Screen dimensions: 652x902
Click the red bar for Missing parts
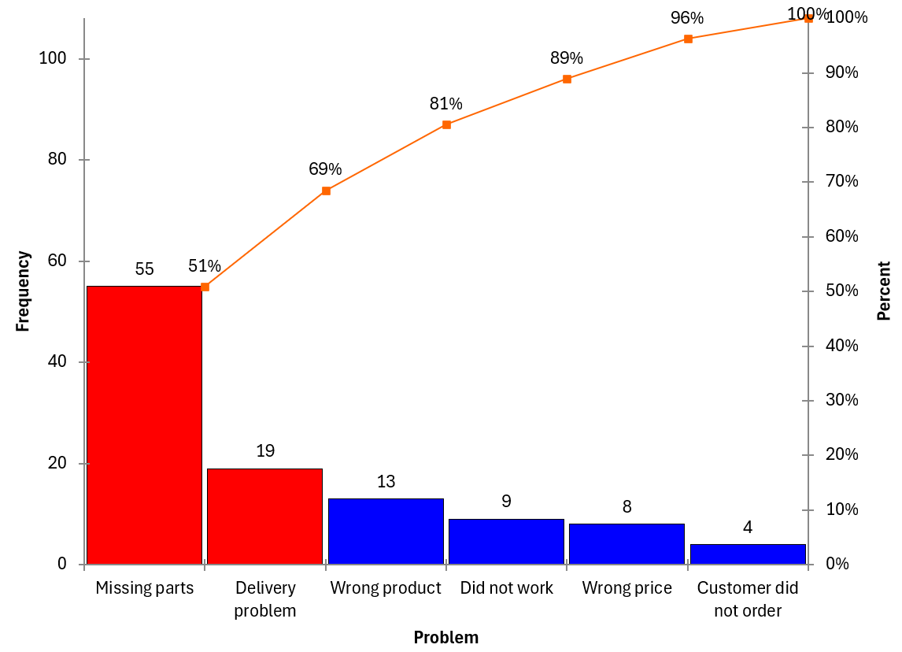pyautogui.click(x=144, y=425)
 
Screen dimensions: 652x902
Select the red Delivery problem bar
pyautogui.click(x=264, y=517)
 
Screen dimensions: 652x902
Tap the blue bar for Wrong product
pyautogui.click(x=386, y=532)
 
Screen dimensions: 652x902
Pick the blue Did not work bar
pyautogui.click(x=506, y=542)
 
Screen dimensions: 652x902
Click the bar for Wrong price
pyautogui.click(x=627, y=544)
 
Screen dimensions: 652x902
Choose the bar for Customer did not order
pyautogui.click(x=748, y=554)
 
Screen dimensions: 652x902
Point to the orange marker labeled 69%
pyautogui.click(x=326, y=191)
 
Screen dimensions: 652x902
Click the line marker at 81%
pyautogui.click(x=446, y=124)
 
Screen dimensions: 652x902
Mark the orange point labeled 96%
pyautogui.click(x=688, y=39)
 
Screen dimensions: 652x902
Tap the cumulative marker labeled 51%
pyautogui.click(x=205, y=287)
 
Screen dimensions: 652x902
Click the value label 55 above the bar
pyautogui.click(x=144, y=269)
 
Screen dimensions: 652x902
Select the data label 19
pyautogui.click(x=265, y=451)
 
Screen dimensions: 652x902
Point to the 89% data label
pyautogui.click(x=567, y=58)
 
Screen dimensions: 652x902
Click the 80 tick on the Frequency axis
pyautogui.click(x=57, y=160)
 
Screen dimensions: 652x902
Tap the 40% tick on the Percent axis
pyautogui.click(x=841, y=346)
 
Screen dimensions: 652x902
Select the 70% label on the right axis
pyautogui.click(x=841, y=182)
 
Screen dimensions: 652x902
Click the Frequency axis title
pyautogui.click(x=23, y=291)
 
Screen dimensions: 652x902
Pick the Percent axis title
pyautogui.click(x=884, y=291)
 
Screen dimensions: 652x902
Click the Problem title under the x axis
pyautogui.click(x=445, y=638)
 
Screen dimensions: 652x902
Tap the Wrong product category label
pyautogui.click(x=386, y=588)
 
